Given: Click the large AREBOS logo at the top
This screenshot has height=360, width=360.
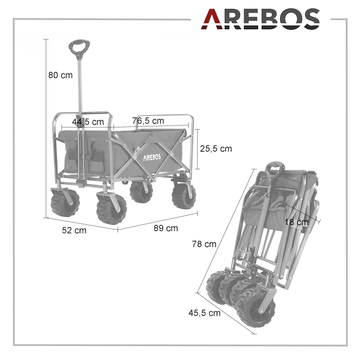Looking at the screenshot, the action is pyautogui.click(x=261, y=19).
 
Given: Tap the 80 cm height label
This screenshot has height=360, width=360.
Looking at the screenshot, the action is pyautogui.click(x=60, y=75).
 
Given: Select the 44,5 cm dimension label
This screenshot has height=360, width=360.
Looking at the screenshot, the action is pyautogui.click(x=88, y=121).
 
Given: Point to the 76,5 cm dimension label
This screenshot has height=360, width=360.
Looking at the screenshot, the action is pyautogui.click(x=148, y=121).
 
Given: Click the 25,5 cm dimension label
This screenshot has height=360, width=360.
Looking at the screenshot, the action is pyautogui.click(x=216, y=148).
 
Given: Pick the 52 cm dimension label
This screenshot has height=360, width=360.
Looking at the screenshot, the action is pyautogui.click(x=74, y=230).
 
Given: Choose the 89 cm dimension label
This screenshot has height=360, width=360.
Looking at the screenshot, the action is pyautogui.click(x=166, y=228).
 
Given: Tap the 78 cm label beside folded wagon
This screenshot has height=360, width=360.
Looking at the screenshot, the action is pyautogui.click(x=204, y=244).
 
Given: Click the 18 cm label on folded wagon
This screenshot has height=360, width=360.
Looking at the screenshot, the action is pyautogui.click(x=297, y=222).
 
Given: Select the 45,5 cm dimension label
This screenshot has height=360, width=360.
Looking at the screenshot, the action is pyautogui.click(x=204, y=313).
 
